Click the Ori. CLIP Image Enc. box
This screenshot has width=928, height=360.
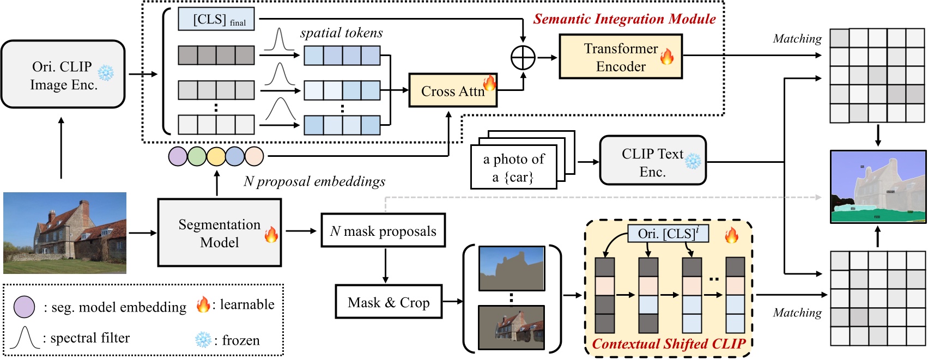tap(63, 74)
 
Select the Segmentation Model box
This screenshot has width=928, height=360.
tap(219, 233)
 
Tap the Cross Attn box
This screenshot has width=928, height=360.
tap(452, 90)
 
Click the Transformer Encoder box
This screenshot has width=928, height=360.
tap(620, 57)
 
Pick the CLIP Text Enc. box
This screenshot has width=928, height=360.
tap(652, 161)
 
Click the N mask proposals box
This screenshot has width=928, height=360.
tap(383, 231)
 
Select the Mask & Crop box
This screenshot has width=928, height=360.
tap(388, 302)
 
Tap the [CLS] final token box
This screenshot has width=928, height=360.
tap(216, 20)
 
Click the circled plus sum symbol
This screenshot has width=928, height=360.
tap(523, 57)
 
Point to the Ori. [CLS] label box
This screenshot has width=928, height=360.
tap(668, 234)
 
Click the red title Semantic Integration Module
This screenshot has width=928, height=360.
tap(624, 19)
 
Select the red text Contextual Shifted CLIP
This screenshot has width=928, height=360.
tap(668, 344)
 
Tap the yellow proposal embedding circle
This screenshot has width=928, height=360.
tap(216, 156)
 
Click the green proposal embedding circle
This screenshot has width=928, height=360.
tap(197, 156)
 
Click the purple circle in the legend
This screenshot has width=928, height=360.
tap(24, 307)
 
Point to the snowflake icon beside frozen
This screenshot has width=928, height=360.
tap(203, 340)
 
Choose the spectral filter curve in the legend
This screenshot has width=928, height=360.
tap(25, 338)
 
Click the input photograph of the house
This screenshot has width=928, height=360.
tap(65, 233)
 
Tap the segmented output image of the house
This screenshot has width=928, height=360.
tap(877, 187)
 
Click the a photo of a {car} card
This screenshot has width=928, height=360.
tap(513, 167)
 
